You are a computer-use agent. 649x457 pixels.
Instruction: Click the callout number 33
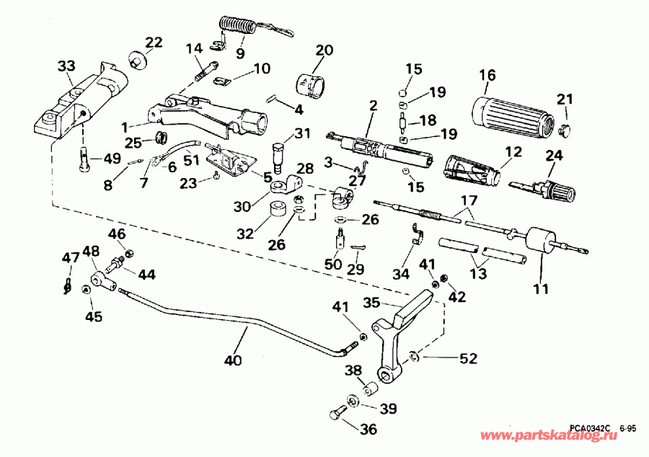(66, 67)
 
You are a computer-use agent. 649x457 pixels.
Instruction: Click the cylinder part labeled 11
(539, 241)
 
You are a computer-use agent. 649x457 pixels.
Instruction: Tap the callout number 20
(324, 50)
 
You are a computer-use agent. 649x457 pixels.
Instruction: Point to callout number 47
(70, 258)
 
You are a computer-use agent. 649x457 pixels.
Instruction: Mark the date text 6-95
(627, 427)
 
